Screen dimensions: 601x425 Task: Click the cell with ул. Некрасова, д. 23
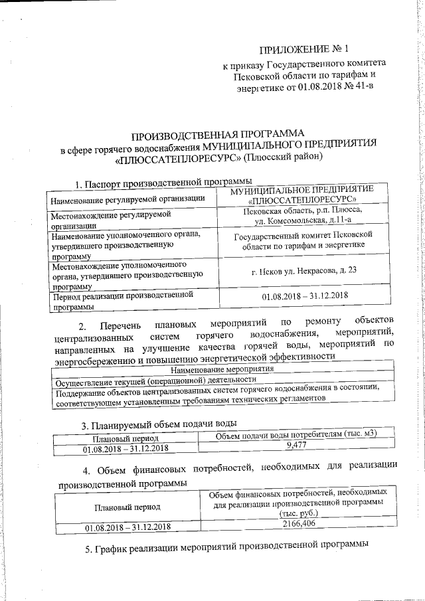[309, 270]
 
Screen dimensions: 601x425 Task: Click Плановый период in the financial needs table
[127, 505]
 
